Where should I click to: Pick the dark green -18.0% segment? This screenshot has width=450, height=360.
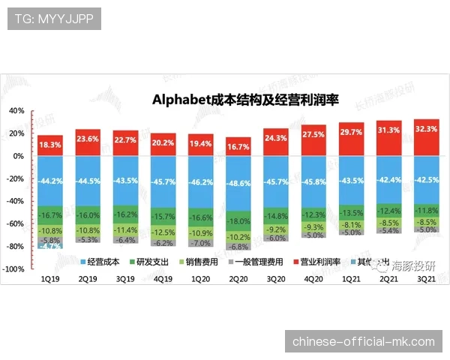coord(239,221)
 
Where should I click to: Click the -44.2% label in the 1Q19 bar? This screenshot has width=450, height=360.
coord(51,181)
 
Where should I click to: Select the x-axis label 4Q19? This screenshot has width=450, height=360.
coord(163,277)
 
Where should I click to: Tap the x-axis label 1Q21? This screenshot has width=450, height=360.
coord(352,277)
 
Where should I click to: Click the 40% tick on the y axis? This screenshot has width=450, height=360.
coord(16,110)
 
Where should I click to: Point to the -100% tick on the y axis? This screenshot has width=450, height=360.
coord(15,269)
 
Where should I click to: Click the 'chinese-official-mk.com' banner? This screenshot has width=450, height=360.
coord(363,342)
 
